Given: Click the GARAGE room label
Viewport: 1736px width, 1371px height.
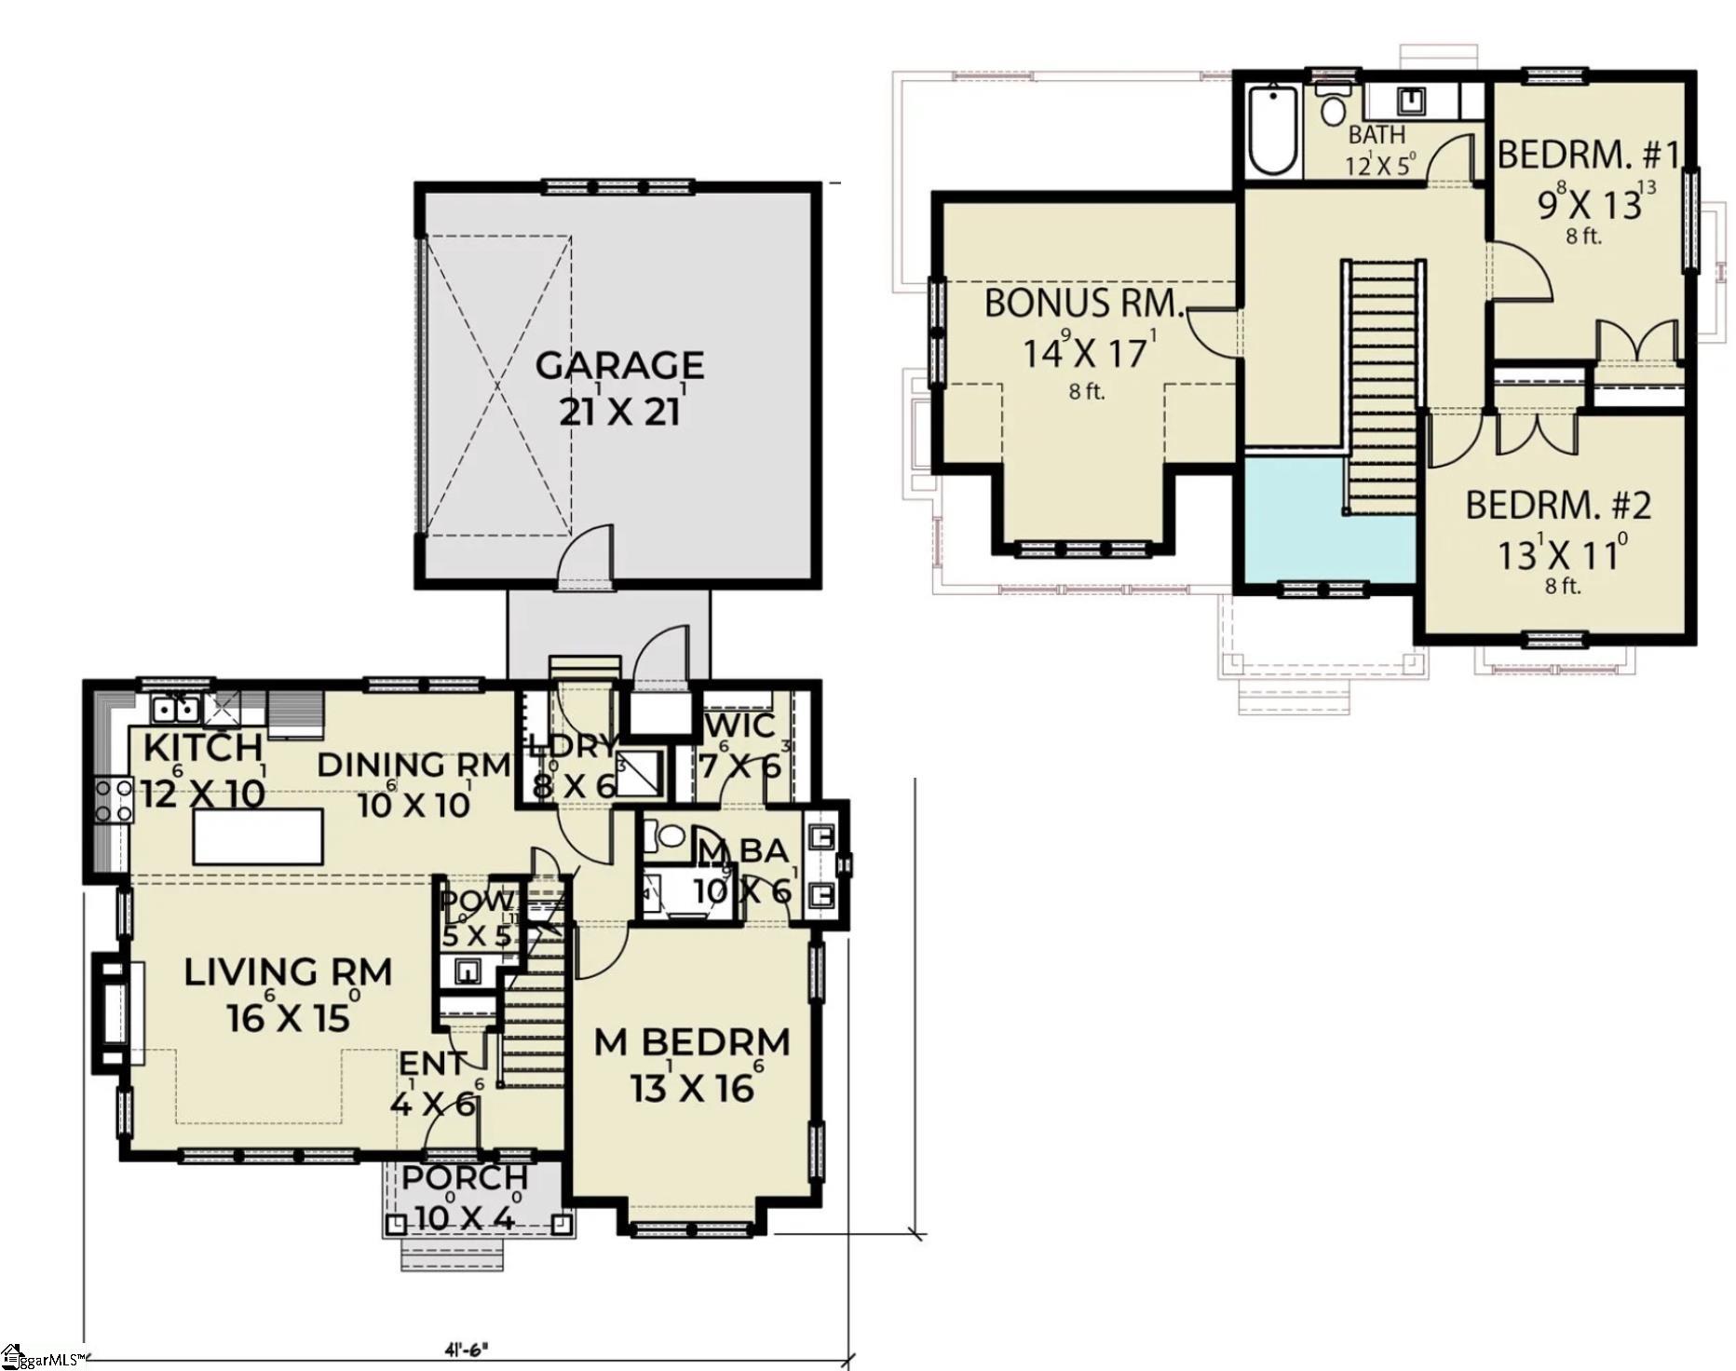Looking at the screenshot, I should coord(619,365).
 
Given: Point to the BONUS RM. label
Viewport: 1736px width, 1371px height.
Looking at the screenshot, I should coord(1084,304).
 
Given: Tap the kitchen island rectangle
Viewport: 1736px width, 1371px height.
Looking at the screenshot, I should coord(258,836).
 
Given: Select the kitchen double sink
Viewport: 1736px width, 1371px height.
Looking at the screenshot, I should coord(175,710).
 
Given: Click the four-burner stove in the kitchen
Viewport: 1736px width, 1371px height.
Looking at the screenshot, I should coord(114,802).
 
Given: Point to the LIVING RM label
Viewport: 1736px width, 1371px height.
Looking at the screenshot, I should coord(288,972).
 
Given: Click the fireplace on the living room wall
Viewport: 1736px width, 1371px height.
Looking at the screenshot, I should coord(116,1013).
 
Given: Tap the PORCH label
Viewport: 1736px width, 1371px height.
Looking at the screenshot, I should coord(465,1177).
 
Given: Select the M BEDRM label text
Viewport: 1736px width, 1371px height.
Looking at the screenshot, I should coord(691,1042).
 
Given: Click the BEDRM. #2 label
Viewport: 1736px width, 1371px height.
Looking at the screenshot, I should coord(1558,506).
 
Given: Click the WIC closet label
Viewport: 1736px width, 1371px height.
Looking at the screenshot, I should coord(740,726).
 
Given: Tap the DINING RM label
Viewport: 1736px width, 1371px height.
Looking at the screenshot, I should coord(414,766).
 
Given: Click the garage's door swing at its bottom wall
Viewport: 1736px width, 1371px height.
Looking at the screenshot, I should coord(587,559).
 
